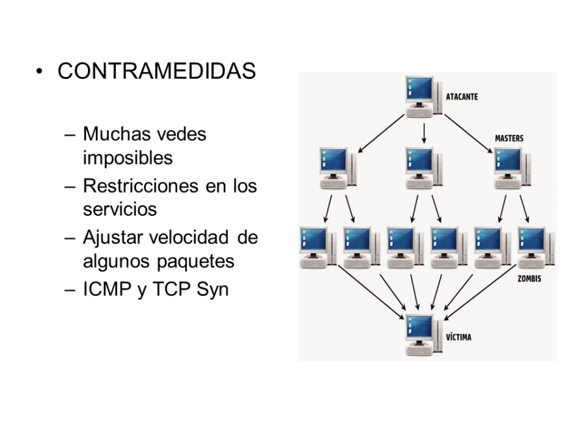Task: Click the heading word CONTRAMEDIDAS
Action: (x=156, y=71)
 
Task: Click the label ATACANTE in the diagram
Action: (x=462, y=97)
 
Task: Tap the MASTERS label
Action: (x=509, y=139)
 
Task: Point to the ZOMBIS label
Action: (x=529, y=278)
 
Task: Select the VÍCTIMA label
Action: (x=458, y=338)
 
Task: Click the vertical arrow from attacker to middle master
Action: (x=424, y=133)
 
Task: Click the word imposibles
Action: (x=128, y=158)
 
